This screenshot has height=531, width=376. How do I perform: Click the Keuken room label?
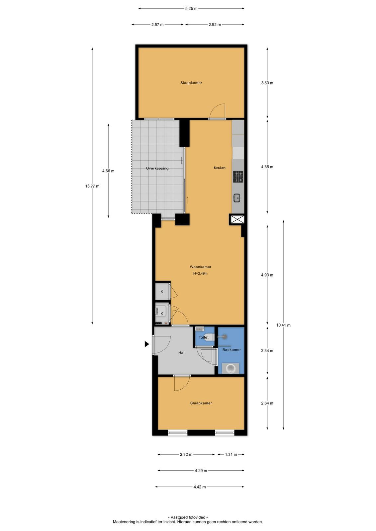220,168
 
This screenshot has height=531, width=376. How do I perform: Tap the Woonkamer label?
200,267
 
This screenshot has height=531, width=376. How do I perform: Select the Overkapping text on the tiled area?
157,169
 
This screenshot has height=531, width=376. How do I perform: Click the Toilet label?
204,337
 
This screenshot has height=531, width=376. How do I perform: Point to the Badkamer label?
232,350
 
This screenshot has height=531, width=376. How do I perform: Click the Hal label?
181,353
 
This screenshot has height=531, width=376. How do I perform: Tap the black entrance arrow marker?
147,344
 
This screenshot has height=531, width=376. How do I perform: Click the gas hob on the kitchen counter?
238,177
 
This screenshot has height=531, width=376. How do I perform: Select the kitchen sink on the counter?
237,197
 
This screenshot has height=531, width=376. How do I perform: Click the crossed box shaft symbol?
237,219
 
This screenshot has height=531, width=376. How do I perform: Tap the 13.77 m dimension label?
92,186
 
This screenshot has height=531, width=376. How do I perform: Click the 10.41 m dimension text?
283,325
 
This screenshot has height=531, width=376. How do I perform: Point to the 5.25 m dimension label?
191,9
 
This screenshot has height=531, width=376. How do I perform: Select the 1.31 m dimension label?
231,454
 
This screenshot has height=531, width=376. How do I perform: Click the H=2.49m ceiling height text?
200,273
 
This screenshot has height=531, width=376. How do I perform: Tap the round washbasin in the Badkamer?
231,368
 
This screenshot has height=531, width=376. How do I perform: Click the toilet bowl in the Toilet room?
209,337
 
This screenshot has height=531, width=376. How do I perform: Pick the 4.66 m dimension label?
108,171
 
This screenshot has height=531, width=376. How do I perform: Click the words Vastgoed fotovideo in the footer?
188,517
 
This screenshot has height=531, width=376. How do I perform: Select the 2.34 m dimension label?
267,351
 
